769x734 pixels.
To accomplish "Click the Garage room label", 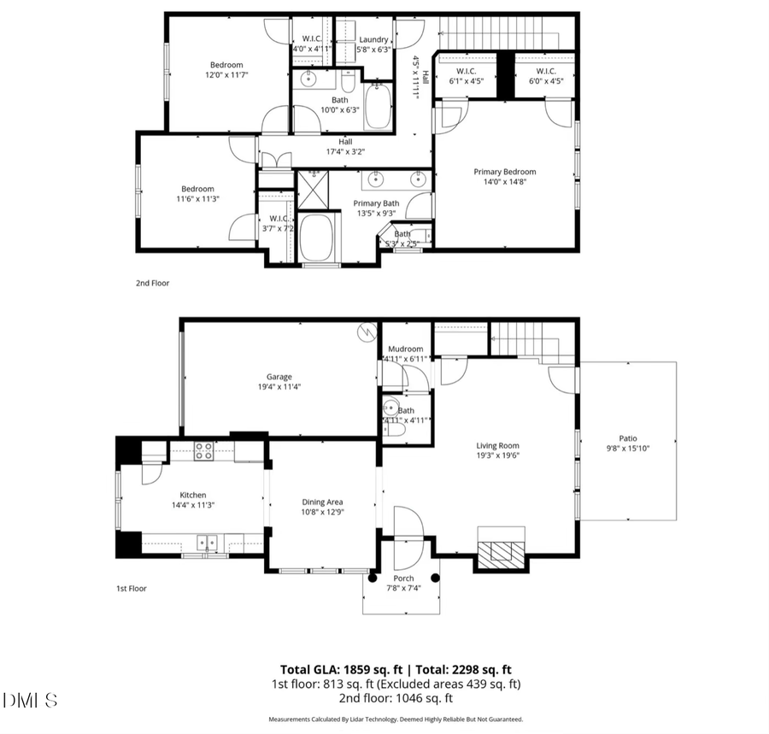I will tap(279, 376).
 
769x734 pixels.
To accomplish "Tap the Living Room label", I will tap(497, 445).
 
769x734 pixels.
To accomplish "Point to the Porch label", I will tap(403, 578).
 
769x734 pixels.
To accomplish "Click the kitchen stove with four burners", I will tap(203, 451).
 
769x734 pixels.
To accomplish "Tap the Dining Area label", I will tap(322, 502).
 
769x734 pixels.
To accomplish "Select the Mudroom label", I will tap(405, 349).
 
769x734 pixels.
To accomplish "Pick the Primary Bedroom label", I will tap(505, 172).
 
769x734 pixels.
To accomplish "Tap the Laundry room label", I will tap(373, 39).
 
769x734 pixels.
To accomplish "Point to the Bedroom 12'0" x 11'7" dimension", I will tap(226, 75).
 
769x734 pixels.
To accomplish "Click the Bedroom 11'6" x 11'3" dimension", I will tap(197, 199).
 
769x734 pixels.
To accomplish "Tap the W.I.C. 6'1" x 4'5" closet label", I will tap(467, 82).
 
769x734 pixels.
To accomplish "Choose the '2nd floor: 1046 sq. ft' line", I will tap(396, 697).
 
